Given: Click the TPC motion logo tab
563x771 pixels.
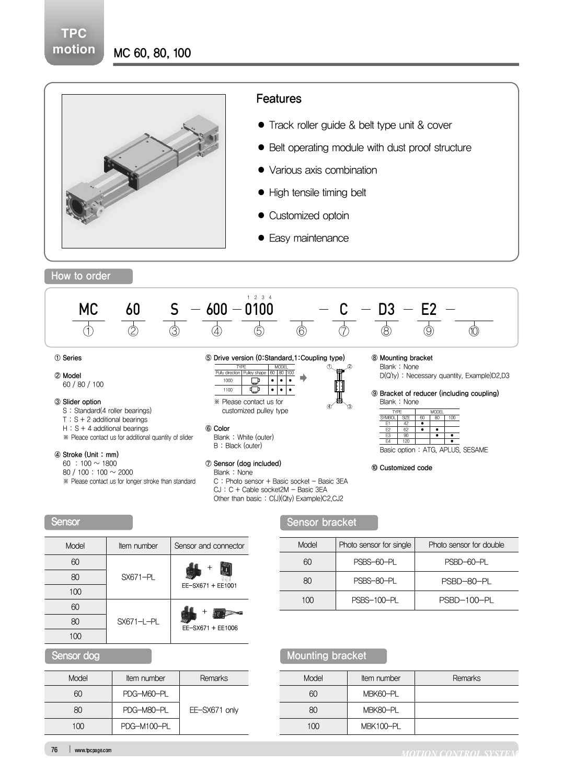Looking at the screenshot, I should tap(74, 41).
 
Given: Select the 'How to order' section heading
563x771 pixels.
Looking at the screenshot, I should tap(81, 276).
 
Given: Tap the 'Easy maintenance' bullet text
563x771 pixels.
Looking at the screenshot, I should tap(308, 238).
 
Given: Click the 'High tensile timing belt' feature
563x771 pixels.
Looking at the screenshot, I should tap(317, 192).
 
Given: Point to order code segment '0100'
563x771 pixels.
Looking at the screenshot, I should tap(259, 310).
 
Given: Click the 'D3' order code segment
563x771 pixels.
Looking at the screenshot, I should tap(386, 310).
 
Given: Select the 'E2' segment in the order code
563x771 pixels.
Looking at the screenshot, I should tap(429, 310).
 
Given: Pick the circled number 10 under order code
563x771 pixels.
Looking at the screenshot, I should tap(474, 331).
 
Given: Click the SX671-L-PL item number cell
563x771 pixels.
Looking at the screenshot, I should tap(138, 621).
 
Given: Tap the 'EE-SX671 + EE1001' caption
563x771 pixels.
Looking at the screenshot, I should tap(209, 586).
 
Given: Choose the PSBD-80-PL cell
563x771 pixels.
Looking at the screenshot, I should tap(466, 581).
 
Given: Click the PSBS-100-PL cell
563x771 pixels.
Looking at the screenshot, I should tap(375, 600).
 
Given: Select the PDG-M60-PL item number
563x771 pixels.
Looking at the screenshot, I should tap(145, 694).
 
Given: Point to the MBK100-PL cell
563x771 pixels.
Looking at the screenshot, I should tap(381, 726).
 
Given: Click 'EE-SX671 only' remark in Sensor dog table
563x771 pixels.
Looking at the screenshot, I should tap(214, 710).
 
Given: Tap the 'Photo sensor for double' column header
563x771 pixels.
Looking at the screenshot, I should tap(466, 545).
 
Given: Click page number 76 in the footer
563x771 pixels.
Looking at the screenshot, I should tap(54, 750).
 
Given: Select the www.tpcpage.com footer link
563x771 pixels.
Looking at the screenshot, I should tap(93, 750).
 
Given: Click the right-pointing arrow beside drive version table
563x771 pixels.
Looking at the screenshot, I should tap(303, 378).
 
